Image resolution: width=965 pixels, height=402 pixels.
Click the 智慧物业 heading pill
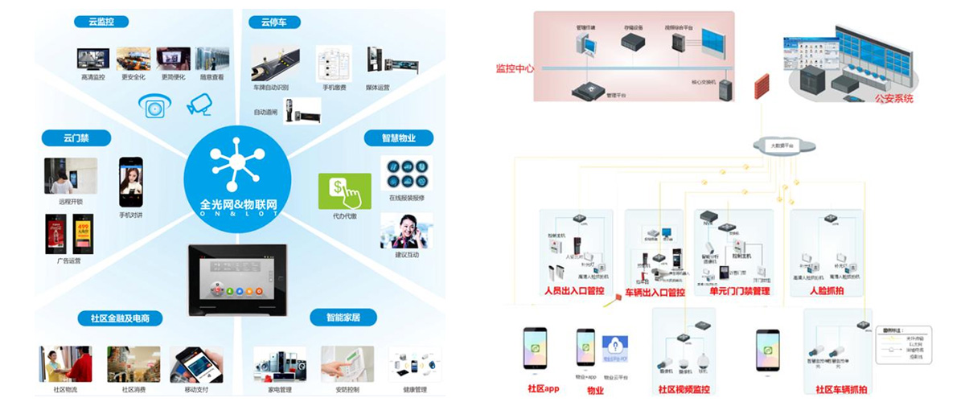[x=397, y=138]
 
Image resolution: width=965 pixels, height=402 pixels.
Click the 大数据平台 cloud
[x=784, y=146]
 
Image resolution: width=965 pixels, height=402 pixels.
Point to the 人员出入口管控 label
[x=573, y=291]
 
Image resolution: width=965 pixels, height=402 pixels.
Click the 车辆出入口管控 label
[x=655, y=292]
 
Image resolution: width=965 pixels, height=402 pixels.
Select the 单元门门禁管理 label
[x=739, y=291]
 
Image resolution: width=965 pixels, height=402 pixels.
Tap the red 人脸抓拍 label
[x=827, y=291]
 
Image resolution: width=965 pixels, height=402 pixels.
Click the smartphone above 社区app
[x=535, y=347]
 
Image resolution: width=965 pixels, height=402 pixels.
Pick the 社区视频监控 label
[x=684, y=390]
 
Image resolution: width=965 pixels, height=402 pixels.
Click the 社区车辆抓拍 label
[x=840, y=390]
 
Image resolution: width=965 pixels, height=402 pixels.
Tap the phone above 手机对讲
[x=130, y=182]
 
